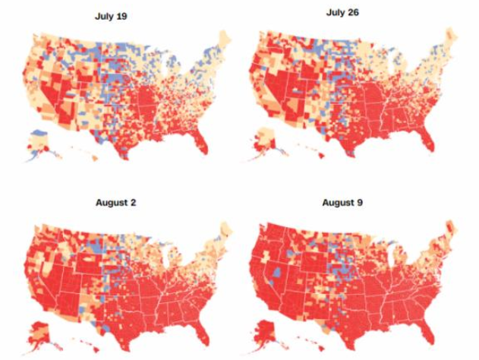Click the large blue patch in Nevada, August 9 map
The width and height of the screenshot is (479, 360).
(x=278, y=272)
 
